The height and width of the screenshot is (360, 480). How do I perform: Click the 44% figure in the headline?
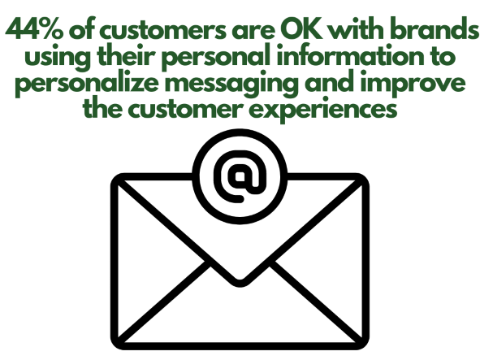34,29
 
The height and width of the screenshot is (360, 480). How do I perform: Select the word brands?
435,29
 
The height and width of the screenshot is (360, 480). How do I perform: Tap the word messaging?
231,85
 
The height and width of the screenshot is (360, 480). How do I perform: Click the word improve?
413,85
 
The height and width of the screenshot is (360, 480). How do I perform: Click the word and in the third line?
330,82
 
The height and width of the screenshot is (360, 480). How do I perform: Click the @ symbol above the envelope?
240,176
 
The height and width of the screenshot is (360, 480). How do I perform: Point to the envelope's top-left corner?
114,177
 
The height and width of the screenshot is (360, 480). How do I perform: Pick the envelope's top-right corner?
365,177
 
